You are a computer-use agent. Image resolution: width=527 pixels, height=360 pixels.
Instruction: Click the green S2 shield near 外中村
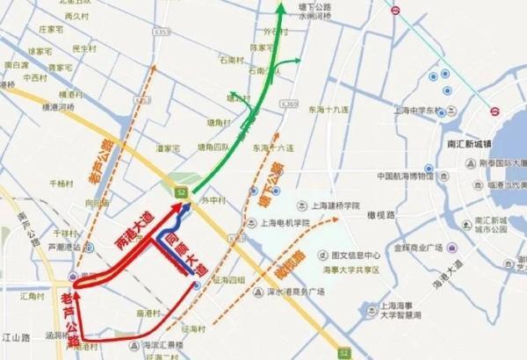point(181,190)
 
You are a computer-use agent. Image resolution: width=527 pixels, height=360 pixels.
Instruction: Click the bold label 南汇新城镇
point(470,143)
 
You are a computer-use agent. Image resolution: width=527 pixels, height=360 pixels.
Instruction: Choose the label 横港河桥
point(61,107)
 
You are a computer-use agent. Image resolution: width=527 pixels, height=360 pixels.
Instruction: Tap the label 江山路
point(17,336)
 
